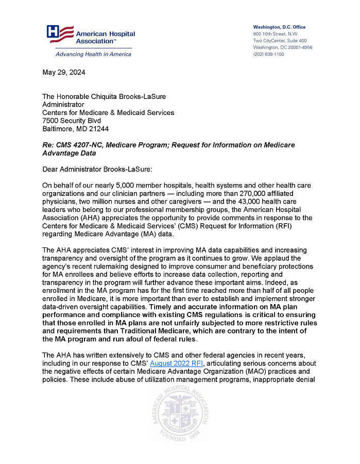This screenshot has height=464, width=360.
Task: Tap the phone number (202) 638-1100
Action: point(268,54)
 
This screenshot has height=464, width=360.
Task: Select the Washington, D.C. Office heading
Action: point(279,27)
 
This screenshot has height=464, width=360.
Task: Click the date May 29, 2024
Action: point(64,73)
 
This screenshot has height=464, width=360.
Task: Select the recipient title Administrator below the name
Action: point(63,105)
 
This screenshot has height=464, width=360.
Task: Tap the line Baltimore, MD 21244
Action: point(75,129)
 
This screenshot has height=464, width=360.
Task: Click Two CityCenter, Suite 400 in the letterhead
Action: point(280,41)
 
